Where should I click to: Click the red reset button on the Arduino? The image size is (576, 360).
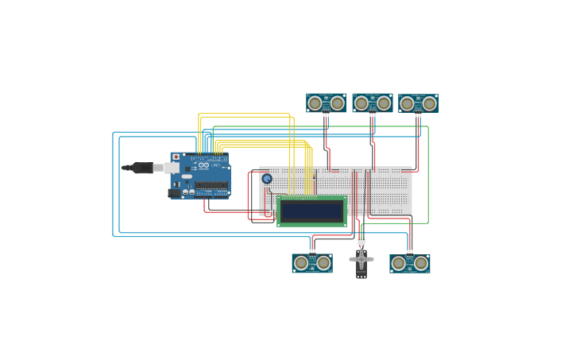(x=176, y=157)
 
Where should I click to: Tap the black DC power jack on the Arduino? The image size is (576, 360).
(x=174, y=192)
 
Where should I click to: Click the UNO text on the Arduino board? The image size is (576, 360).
(x=215, y=165)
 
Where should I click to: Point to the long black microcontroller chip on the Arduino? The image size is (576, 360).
(x=211, y=185)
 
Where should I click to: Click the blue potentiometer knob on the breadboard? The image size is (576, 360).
(x=267, y=179)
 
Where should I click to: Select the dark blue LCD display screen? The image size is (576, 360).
(x=311, y=211)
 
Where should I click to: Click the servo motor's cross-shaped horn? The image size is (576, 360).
(x=361, y=259)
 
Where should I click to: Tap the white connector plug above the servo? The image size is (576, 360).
(x=361, y=241)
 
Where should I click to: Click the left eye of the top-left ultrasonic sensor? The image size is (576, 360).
(x=315, y=103)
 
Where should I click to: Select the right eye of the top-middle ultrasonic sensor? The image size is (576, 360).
(x=384, y=103)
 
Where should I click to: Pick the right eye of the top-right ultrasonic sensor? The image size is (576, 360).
(x=430, y=103)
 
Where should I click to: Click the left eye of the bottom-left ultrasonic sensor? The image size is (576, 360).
(x=301, y=263)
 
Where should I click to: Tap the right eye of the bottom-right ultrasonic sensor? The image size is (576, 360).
(x=421, y=263)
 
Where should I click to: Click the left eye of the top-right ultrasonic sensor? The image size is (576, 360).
(x=408, y=103)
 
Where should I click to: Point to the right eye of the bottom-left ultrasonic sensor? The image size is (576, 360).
(x=323, y=263)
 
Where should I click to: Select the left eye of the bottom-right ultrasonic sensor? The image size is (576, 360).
(x=399, y=263)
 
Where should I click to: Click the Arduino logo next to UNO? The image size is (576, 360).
(x=204, y=165)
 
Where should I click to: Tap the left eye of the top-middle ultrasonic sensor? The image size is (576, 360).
(x=361, y=103)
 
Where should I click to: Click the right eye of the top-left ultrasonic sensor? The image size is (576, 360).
(x=338, y=103)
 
